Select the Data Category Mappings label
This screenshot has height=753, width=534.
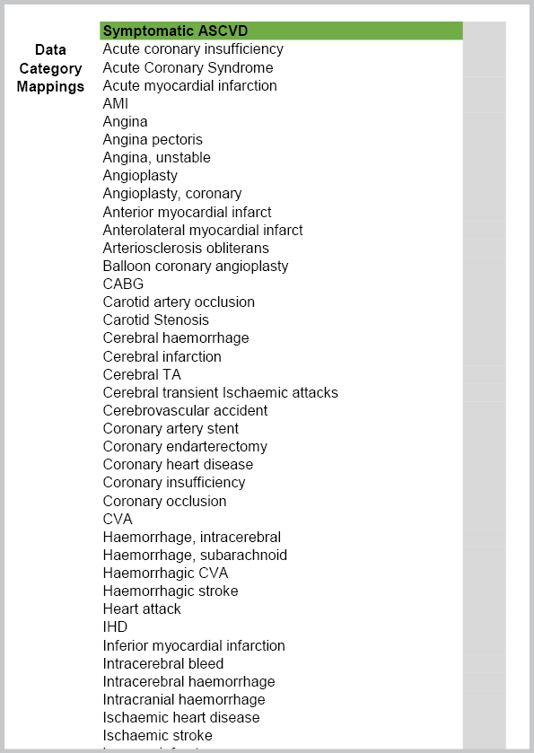tap(50, 68)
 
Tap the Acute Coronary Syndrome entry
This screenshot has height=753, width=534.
tap(188, 67)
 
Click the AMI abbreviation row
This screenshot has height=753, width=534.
tap(116, 104)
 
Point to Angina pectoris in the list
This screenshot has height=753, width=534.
tap(153, 140)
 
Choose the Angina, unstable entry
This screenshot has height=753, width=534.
tap(156, 158)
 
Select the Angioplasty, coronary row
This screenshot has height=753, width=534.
tap(171, 194)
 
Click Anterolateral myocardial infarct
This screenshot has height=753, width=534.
tap(203, 230)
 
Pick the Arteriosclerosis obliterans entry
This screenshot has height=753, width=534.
tap(186, 248)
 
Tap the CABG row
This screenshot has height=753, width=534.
tap(123, 285)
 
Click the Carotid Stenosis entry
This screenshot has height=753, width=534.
tap(155, 320)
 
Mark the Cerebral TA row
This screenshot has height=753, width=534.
tap(143, 374)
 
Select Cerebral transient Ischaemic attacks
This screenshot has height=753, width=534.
tap(220, 392)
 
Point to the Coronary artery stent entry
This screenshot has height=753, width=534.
tap(171, 428)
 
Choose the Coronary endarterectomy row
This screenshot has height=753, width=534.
tap(185, 446)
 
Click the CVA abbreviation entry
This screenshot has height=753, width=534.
tap(118, 519)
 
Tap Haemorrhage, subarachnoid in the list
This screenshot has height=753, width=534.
tap(195, 555)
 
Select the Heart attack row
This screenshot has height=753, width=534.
tap(142, 609)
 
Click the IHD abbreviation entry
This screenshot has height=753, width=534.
tap(115, 626)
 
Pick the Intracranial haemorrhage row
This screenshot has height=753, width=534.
tap(184, 699)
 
